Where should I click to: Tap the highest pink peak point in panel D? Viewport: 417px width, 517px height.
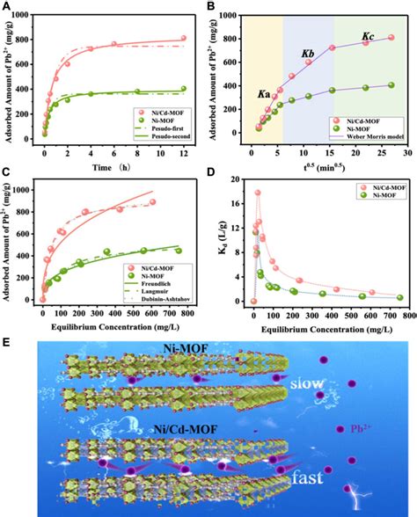coord(258,193)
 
